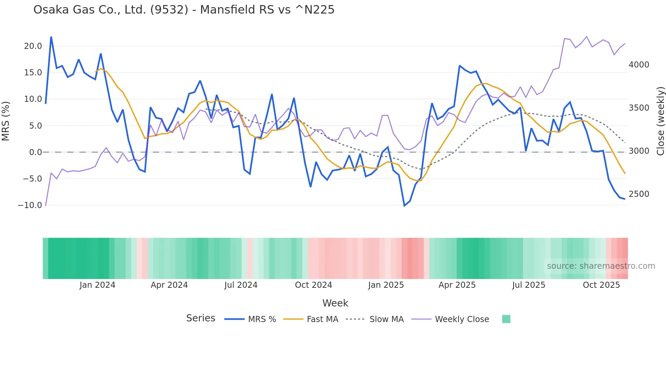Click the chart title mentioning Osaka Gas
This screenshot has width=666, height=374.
(x=184, y=10)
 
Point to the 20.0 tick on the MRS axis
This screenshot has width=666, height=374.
(x=33, y=46)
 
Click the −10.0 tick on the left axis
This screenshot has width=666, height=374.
(x=30, y=205)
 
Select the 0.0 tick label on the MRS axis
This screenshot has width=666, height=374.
(x=35, y=152)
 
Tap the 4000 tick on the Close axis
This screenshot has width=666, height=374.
(x=639, y=65)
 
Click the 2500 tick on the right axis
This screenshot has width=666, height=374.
(x=639, y=194)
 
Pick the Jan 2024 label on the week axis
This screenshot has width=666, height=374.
(x=98, y=285)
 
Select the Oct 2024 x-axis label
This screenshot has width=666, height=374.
(x=313, y=285)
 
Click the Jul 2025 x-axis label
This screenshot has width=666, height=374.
(x=529, y=285)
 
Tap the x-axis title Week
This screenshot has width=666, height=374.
(x=335, y=303)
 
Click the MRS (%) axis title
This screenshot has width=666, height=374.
(x=6, y=121)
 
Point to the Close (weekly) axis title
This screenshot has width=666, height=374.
(x=660, y=121)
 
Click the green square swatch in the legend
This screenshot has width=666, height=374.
(x=506, y=319)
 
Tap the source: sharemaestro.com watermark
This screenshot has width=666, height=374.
(x=601, y=266)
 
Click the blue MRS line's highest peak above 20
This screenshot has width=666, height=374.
(x=51, y=37)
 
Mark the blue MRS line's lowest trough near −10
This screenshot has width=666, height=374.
(x=404, y=206)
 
